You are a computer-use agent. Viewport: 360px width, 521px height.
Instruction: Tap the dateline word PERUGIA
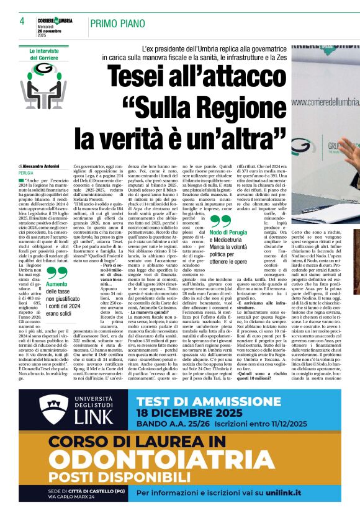point(27,173)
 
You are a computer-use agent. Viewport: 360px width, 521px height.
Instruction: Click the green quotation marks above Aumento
point(56,272)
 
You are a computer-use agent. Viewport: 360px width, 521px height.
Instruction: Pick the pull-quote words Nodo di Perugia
point(229,231)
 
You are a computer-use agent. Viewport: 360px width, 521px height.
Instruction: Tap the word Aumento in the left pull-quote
point(56,283)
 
